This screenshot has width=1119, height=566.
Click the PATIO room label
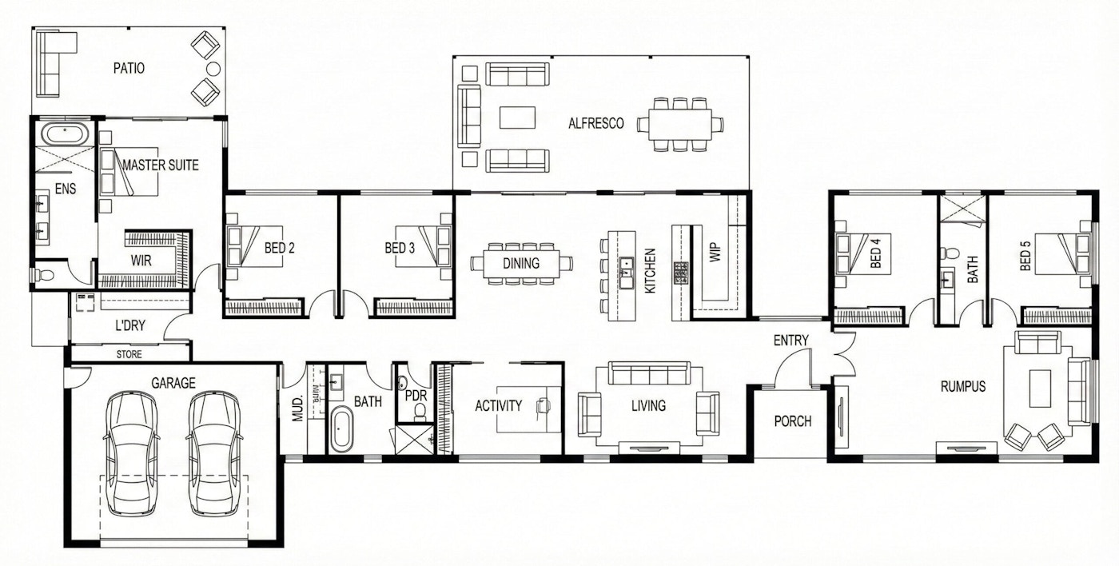[x=129, y=68]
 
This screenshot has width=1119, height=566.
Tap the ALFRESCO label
[x=596, y=123]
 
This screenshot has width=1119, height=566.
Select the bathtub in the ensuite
[x=65, y=134]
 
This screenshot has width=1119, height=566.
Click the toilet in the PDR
[x=420, y=412]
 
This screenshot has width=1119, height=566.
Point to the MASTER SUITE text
[x=161, y=165]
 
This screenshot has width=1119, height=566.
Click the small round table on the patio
[x=213, y=69]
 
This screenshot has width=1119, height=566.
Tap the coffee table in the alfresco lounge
[x=518, y=118]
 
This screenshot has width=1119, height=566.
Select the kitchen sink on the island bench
[x=626, y=273]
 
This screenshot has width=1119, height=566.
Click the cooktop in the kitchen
[x=681, y=273]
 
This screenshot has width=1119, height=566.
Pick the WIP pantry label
[x=715, y=253]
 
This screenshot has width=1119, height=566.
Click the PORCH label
[x=793, y=421]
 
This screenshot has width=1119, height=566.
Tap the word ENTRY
[x=790, y=341]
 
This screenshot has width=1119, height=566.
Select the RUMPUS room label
[x=963, y=386]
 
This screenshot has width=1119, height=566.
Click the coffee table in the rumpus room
[x=1040, y=389]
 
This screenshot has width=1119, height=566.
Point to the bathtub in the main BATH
[x=342, y=428]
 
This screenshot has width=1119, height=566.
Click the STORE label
[x=129, y=354]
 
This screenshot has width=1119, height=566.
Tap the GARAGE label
[x=173, y=383]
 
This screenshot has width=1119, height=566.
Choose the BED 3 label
[x=400, y=248]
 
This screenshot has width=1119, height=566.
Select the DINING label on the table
[x=521, y=263]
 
